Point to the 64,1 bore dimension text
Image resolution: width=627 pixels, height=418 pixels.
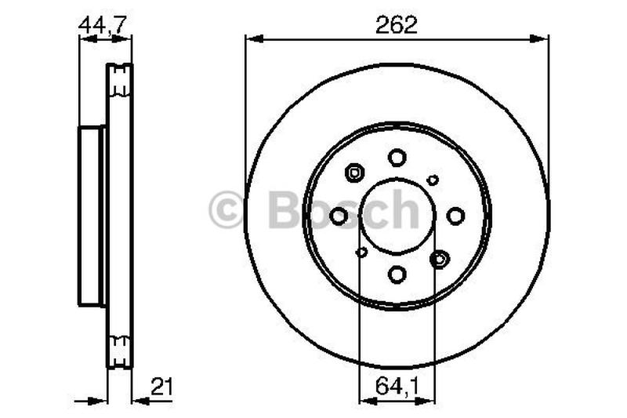tap(397, 387)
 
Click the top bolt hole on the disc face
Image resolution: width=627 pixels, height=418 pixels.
tap(397, 158)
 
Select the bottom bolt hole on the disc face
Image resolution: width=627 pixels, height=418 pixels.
tap(397, 274)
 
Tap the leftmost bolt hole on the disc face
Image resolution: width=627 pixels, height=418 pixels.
tap(339, 216)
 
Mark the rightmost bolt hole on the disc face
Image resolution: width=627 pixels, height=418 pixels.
tap(455, 216)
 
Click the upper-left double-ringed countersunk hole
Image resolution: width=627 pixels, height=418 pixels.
tap(355, 172)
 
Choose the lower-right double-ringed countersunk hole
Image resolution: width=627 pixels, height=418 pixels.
tap(440, 259)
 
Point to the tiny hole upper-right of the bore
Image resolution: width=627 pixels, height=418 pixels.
tap(433, 180)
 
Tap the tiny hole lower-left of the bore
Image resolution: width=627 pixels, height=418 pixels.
tap(362, 252)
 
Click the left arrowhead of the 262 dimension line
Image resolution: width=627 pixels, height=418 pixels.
tap(252, 38)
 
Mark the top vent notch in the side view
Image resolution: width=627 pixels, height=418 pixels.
tap(119, 78)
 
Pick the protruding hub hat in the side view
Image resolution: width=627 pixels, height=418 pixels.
tap(92, 216)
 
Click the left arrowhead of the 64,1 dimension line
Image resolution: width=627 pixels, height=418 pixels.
tap(364, 400)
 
